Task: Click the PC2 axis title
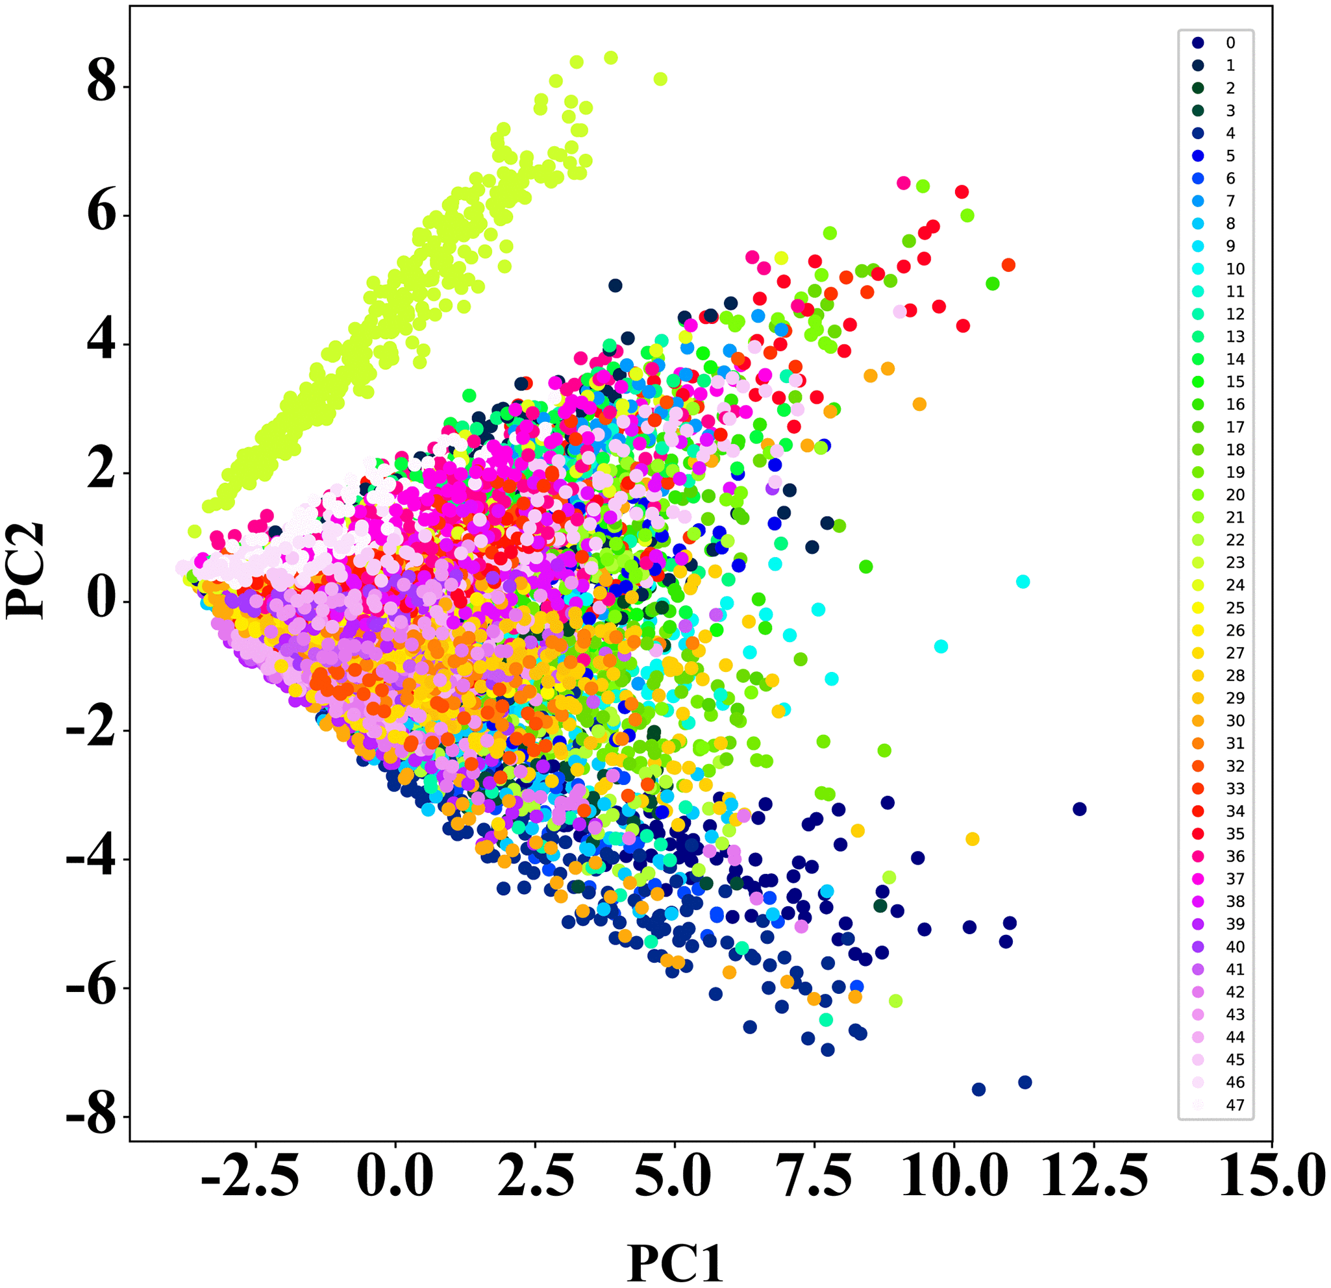[x=26, y=571]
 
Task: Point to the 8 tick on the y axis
[x=102, y=86]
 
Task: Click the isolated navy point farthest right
[x=1079, y=810]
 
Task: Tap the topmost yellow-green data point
[x=610, y=58]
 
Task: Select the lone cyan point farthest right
[x=1023, y=582]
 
